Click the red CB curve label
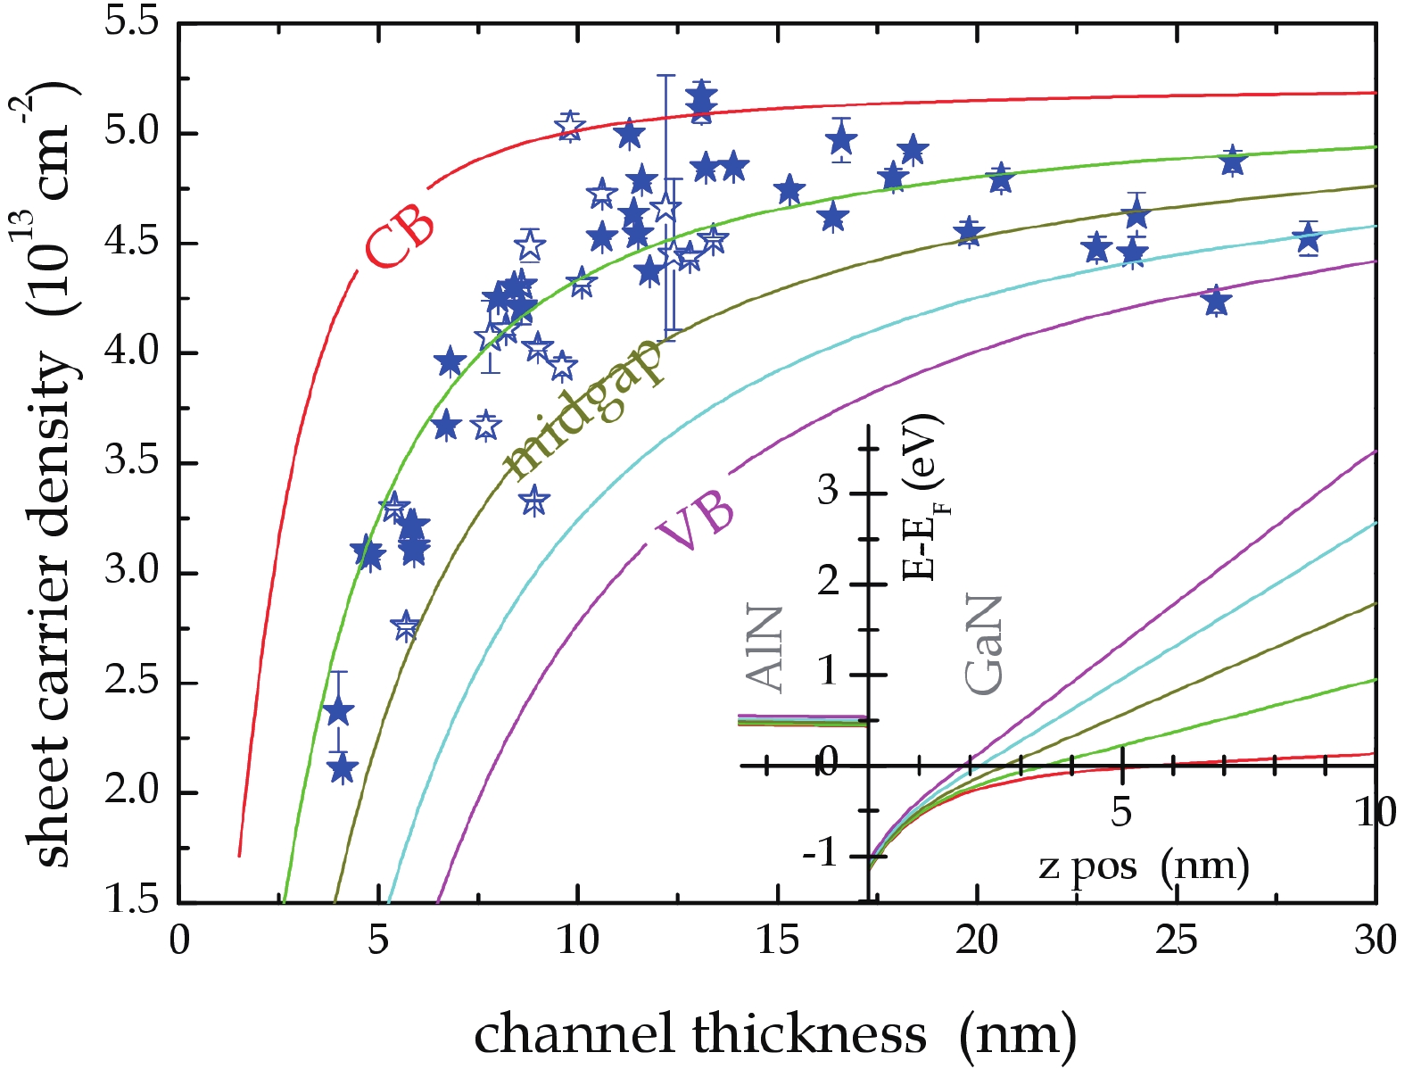coord(399,242)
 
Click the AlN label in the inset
coord(764,649)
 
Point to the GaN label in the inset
coord(985,644)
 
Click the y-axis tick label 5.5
coord(131,21)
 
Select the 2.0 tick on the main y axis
coord(131,792)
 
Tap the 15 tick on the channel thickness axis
coord(778,939)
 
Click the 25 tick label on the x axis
coord(1177,939)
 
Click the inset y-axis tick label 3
coord(828,490)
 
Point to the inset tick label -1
coord(820,854)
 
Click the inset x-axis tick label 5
coord(1121,812)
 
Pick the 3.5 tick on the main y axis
coord(131,462)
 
